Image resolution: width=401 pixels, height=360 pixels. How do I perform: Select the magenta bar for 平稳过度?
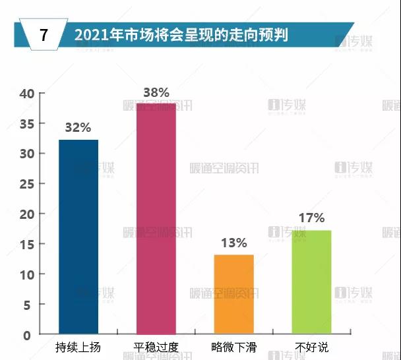point(156,218)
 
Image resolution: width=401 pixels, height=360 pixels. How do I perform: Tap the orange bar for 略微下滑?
point(233,294)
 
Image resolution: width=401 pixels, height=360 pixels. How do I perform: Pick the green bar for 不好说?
point(311,282)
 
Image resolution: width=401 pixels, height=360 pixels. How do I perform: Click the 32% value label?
point(78,128)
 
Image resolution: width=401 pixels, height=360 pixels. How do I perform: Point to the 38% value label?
point(156,92)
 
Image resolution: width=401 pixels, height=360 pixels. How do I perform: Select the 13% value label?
point(233,243)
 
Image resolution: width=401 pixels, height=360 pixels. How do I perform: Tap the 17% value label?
point(311,218)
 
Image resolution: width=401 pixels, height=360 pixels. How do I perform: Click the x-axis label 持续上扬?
point(78,347)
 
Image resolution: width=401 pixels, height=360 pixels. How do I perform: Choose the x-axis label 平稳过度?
point(156,347)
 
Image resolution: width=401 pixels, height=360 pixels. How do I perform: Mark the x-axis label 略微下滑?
point(233,347)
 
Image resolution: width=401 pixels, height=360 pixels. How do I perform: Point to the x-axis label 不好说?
point(311,347)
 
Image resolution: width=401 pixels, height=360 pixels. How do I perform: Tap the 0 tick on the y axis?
point(28,335)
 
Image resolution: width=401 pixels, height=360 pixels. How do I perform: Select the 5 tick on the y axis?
point(28,305)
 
